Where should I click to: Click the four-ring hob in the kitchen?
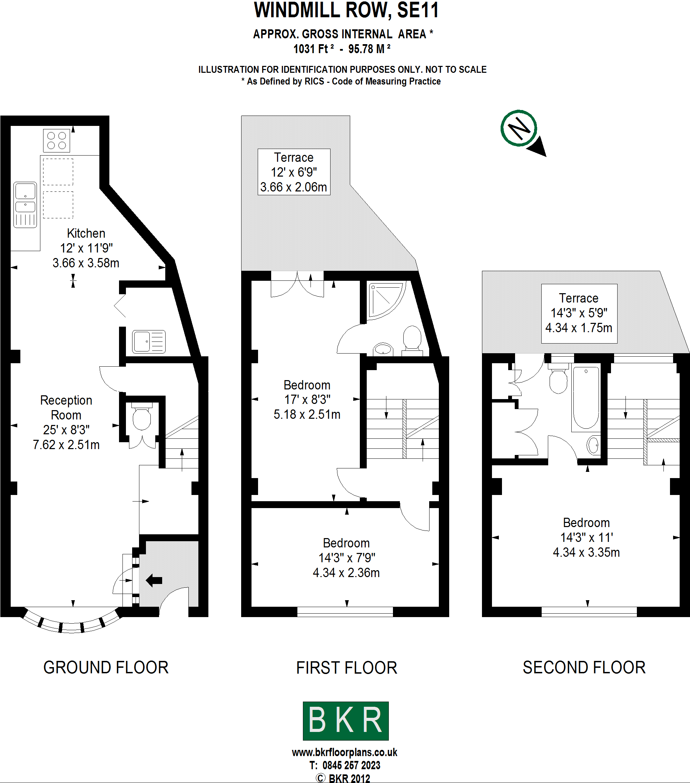tap(56, 141)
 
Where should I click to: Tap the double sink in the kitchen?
tap(25, 205)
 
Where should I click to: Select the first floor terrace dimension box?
tap(294, 172)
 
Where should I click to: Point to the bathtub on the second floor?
tap(586, 398)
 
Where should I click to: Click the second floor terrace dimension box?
tap(579, 313)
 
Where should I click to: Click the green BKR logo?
tap(346, 721)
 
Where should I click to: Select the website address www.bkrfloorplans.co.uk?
tap(344, 752)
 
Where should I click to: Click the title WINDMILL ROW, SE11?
tap(346, 10)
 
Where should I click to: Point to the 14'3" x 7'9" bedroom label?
tap(346, 558)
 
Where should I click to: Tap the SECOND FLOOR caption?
tap(584, 667)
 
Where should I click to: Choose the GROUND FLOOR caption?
tap(106, 667)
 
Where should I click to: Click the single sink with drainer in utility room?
tap(149, 341)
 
